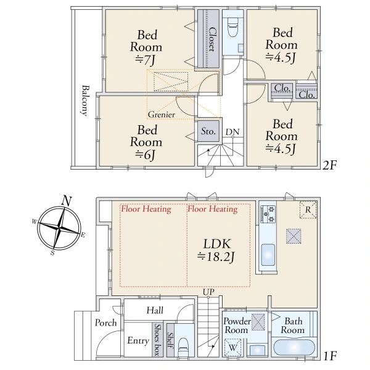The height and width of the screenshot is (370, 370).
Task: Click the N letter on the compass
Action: pos(67,201)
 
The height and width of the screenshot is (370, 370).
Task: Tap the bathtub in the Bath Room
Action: pos(294,348)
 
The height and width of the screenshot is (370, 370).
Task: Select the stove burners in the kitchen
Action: pos(268,214)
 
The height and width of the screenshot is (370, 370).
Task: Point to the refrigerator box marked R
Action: pos(308,210)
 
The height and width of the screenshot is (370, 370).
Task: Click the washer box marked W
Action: pos(233,347)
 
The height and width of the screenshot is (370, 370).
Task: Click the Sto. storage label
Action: pos(208,131)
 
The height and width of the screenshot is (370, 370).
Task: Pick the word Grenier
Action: pos(162,115)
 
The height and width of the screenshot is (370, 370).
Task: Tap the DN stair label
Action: pos(232,132)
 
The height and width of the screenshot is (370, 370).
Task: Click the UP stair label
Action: pos(208,292)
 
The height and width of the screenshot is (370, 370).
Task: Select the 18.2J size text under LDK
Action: pos(216,257)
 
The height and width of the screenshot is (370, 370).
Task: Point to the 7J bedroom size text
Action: pos(146,60)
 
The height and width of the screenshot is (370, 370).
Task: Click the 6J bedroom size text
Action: pos(146,155)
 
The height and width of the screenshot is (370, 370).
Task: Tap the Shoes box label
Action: pos(157,339)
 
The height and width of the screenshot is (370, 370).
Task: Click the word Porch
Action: pos(105,323)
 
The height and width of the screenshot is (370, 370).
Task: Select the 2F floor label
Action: pos(329,165)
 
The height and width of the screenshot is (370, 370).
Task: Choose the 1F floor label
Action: pos(329,356)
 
